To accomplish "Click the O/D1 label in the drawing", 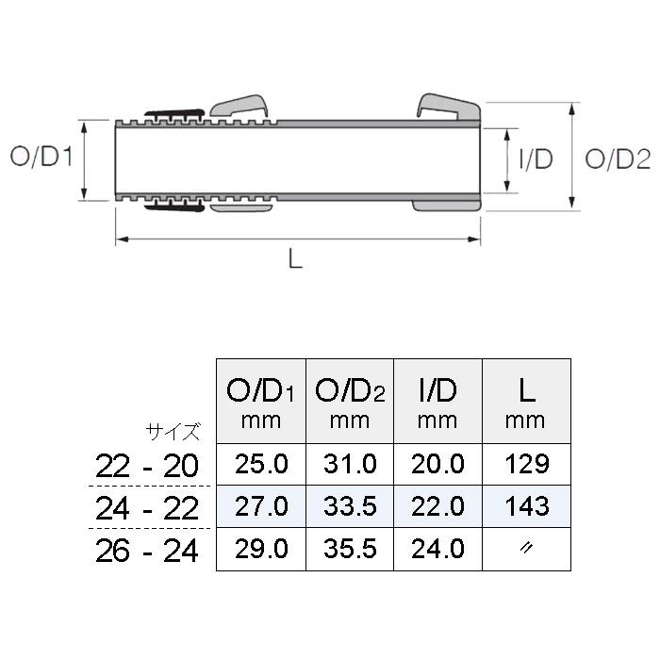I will click(41, 157).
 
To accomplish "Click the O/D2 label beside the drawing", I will click(618, 159).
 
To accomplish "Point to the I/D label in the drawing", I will click(536, 158).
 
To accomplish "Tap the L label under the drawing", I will click(295, 261).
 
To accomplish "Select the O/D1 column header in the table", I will click(260, 400).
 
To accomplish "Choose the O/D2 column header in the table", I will click(348, 400).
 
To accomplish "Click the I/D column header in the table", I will click(437, 400).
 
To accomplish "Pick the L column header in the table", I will click(525, 400).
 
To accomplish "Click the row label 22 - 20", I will click(147, 465).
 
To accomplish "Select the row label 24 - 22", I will click(147, 508).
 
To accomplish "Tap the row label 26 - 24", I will click(147, 551).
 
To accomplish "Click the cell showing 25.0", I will click(261, 464).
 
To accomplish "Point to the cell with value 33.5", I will click(348, 506).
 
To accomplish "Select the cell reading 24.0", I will click(437, 549).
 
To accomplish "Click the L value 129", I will click(526, 464).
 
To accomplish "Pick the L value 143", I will click(526, 506).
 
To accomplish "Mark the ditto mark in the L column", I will click(526, 549).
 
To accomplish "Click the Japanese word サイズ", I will click(173, 433).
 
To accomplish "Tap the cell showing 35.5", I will click(348, 549).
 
